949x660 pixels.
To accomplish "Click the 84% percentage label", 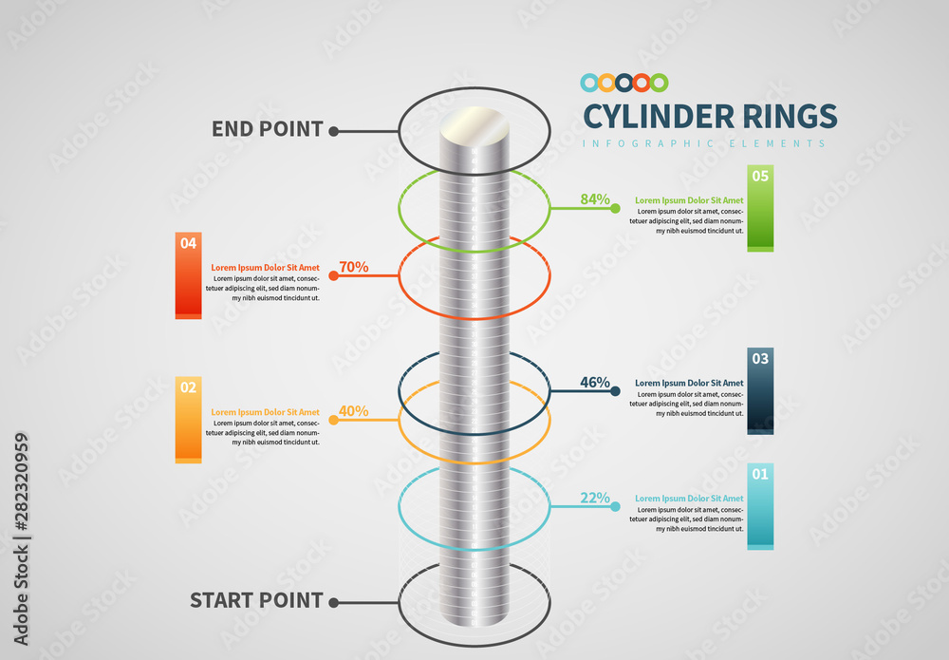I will click(x=595, y=199).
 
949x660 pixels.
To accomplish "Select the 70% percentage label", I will click(x=353, y=267).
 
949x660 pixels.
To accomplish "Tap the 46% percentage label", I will click(x=595, y=383).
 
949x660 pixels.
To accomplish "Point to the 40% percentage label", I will click(x=353, y=411).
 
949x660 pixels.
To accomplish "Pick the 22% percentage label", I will click(x=595, y=499).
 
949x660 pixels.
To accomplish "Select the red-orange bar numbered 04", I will click(x=189, y=274).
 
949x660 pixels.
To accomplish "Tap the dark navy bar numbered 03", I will click(x=760, y=390).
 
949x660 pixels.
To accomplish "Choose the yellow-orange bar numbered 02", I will click(x=189, y=419).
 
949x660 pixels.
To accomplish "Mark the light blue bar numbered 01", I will click(x=760, y=505).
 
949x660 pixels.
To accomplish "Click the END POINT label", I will click(x=267, y=129).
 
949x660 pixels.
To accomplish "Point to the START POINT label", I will click(x=256, y=600).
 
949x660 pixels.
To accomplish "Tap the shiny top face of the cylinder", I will click(x=474, y=124).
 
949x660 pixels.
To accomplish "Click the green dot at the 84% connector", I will click(x=616, y=208).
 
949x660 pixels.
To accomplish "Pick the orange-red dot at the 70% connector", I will click(x=333, y=276).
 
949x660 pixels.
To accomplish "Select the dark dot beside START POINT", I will click(x=333, y=601).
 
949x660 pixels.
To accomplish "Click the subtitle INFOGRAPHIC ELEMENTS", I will click(x=703, y=143).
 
